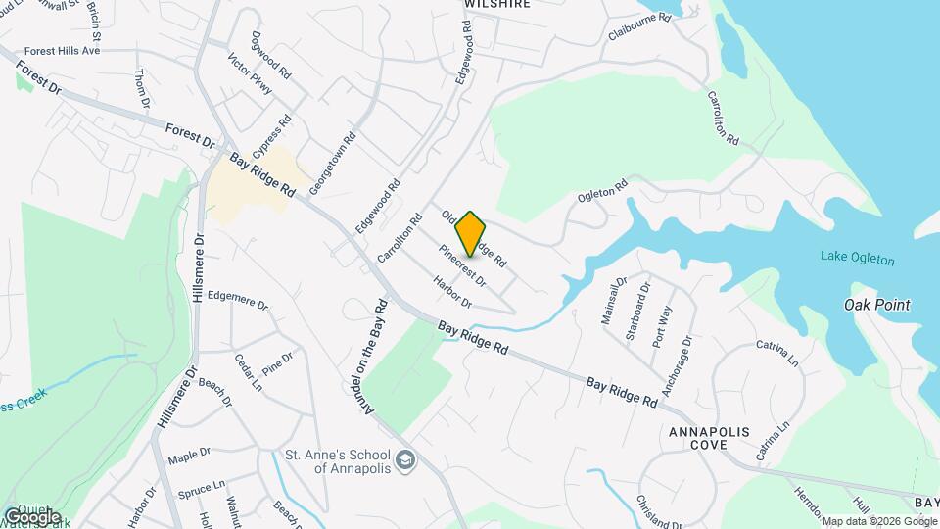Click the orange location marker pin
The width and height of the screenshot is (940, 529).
(471, 233)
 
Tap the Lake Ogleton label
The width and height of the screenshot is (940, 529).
(858, 260)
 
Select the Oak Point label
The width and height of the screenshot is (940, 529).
(876, 305)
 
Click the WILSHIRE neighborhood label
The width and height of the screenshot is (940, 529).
(497, 4)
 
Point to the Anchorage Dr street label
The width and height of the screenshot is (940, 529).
(677, 366)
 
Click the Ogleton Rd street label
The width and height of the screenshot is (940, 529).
(602, 190)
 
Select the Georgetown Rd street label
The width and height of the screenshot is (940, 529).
(333, 163)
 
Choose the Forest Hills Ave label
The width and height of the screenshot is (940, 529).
(63, 50)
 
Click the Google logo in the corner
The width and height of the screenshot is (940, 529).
(32, 515)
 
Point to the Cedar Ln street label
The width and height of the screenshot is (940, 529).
(249, 372)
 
